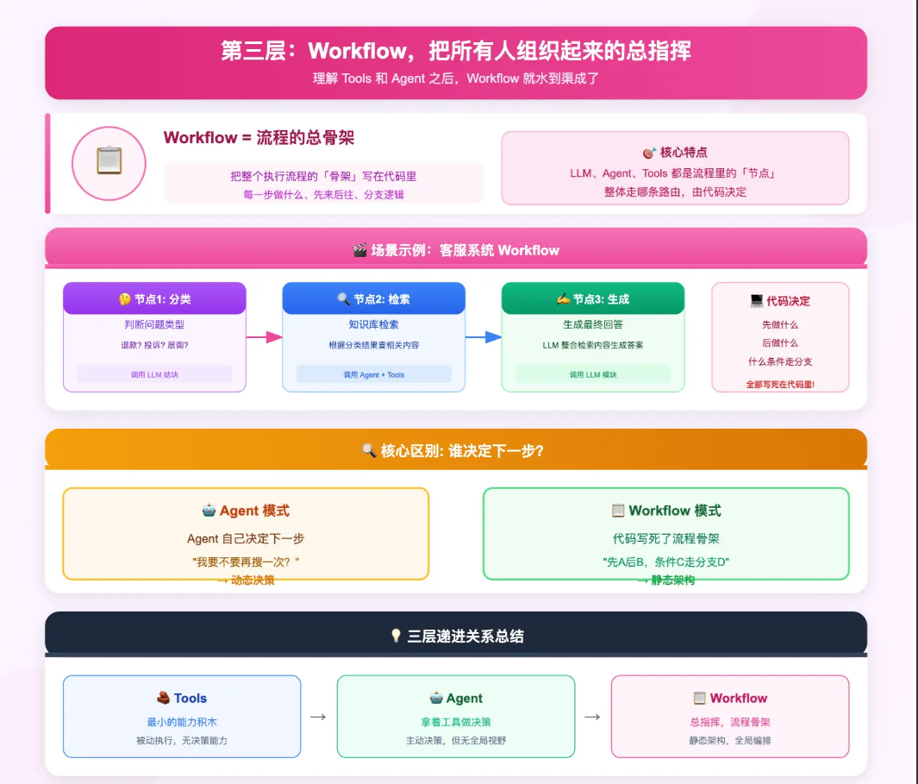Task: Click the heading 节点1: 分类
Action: coord(155,299)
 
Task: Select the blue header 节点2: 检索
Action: coord(373,299)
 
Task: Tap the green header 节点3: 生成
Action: coord(593,299)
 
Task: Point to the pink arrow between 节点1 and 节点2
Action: coord(265,337)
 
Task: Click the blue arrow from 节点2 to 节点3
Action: coord(484,337)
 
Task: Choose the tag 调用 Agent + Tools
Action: coord(373,374)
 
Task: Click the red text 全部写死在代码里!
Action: coord(780,385)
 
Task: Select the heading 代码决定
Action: coord(780,301)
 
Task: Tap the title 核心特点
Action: coord(675,153)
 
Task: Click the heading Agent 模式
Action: coord(246,511)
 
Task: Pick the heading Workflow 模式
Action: coord(665,511)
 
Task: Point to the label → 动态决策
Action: coord(246,580)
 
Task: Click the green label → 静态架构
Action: coord(665,580)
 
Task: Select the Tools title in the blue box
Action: coord(182,699)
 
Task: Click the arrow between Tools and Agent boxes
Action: coord(318,717)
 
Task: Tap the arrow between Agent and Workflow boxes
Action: coord(592,717)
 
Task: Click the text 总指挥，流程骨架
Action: coord(730,722)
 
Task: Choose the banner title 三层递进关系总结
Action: coord(456,637)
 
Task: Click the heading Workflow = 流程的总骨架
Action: coord(259,138)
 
